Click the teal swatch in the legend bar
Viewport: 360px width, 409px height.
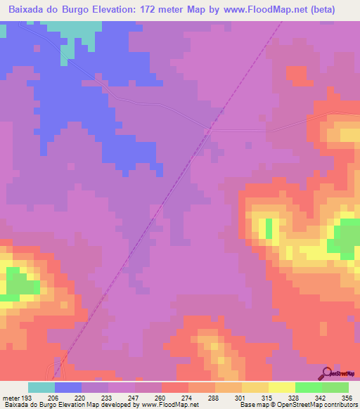point(41,387)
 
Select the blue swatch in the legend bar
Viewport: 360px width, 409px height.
point(68,387)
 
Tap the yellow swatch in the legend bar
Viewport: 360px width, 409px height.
point(255,387)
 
